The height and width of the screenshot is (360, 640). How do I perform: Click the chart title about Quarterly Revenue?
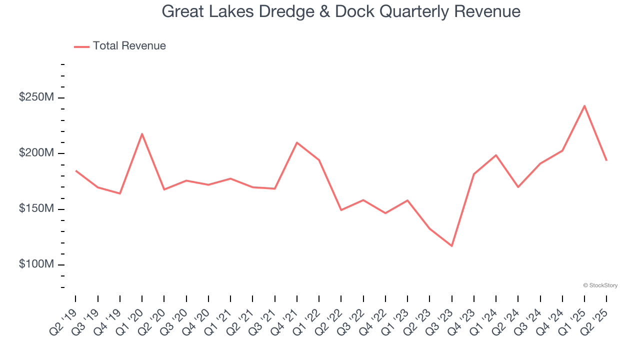click(x=341, y=11)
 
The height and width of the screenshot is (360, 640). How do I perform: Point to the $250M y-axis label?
click(x=36, y=97)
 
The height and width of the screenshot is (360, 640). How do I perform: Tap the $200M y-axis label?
click(x=36, y=153)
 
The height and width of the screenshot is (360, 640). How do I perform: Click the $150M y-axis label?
click(x=36, y=208)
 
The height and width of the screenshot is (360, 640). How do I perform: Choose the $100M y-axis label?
click(x=36, y=264)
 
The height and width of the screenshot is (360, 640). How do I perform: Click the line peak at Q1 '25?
click(x=584, y=105)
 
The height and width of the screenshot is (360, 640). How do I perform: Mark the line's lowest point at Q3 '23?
click(x=451, y=246)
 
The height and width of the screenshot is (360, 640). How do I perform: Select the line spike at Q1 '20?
click(x=142, y=133)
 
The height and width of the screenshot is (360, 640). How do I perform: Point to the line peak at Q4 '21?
click(x=297, y=142)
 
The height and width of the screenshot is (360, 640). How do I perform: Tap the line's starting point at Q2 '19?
click(x=76, y=170)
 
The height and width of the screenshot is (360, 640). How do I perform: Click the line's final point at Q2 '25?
click(x=606, y=160)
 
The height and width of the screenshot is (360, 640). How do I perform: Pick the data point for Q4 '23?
click(x=473, y=174)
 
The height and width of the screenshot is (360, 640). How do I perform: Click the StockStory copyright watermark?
click(x=600, y=285)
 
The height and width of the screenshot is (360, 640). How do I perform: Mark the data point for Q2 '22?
click(x=341, y=210)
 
